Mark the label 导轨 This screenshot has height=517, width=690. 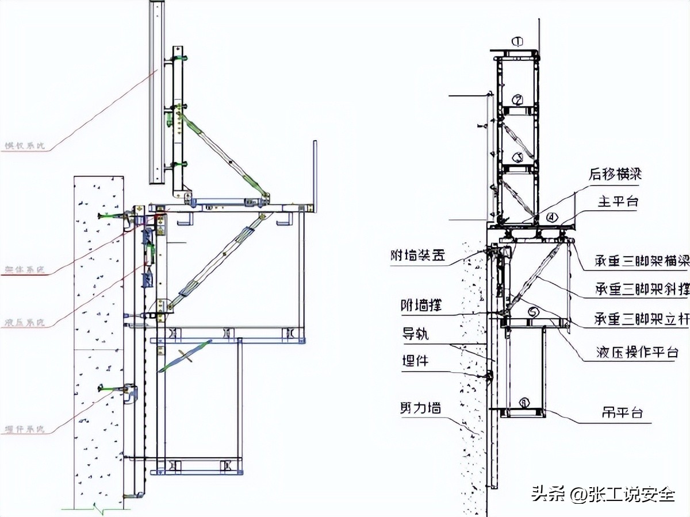[x=415, y=334]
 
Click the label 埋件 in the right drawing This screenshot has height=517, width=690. [x=415, y=361]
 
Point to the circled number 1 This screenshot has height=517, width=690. [x=518, y=41]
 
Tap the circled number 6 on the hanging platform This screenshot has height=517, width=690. [x=523, y=403]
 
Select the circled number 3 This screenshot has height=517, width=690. [x=517, y=156]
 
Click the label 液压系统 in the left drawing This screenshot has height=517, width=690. [x=24, y=323]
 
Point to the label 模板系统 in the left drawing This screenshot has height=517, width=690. [x=24, y=146]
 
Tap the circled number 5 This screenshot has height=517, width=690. [x=534, y=312]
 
